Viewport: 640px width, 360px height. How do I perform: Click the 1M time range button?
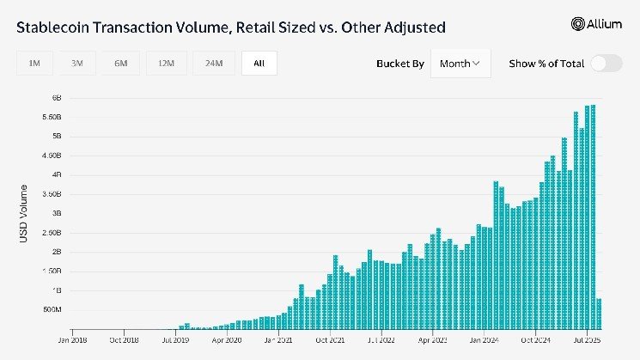[34, 64]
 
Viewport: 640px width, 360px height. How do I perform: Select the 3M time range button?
[77, 64]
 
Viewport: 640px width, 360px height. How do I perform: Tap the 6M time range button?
[120, 64]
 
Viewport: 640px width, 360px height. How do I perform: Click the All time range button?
[259, 64]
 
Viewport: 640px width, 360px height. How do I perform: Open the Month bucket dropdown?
[460, 64]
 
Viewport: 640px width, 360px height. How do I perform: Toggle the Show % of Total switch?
[606, 64]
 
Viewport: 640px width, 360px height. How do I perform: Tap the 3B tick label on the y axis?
[54, 213]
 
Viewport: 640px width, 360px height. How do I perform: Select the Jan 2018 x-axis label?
[73, 340]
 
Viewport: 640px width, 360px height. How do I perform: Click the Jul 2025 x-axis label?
[587, 340]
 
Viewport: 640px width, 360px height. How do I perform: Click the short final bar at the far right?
[599, 314]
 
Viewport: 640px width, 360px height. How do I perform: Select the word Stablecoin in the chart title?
[56, 27]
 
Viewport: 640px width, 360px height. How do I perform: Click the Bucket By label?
[400, 64]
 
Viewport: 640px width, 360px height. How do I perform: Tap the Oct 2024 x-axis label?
[535, 340]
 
